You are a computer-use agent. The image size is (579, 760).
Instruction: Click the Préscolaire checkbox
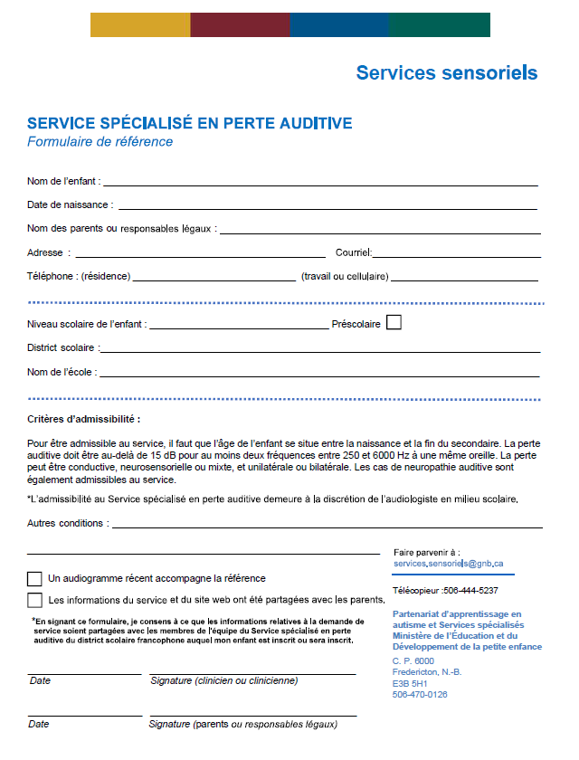click(394, 323)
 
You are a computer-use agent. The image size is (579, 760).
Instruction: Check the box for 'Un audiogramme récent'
click(34, 578)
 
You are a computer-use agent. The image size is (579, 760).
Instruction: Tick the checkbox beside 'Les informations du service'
click(34, 600)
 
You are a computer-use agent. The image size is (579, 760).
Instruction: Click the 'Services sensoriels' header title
click(446, 72)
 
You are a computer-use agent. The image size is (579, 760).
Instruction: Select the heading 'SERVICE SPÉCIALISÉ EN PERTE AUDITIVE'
click(189, 123)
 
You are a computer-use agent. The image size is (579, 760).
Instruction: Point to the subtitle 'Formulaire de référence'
click(100, 141)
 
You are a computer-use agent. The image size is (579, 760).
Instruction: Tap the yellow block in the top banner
click(140, 25)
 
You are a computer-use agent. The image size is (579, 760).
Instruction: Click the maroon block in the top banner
click(240, 25)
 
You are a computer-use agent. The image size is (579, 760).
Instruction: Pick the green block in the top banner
click(440, 25)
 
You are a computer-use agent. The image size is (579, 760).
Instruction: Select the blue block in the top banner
click(339, 25)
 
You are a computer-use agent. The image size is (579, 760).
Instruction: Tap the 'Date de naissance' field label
click(69, 204)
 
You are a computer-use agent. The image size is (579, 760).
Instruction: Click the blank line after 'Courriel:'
click(457, 256)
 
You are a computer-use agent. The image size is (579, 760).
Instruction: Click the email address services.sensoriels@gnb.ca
click(448, 564)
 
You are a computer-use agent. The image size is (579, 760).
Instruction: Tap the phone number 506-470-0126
click(420, 695)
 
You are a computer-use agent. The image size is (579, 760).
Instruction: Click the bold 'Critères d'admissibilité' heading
click(83, 420)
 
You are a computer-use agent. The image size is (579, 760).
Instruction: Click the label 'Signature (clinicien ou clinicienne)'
click(223, 680)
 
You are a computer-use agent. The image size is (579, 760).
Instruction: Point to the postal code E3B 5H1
click(412, 683)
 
